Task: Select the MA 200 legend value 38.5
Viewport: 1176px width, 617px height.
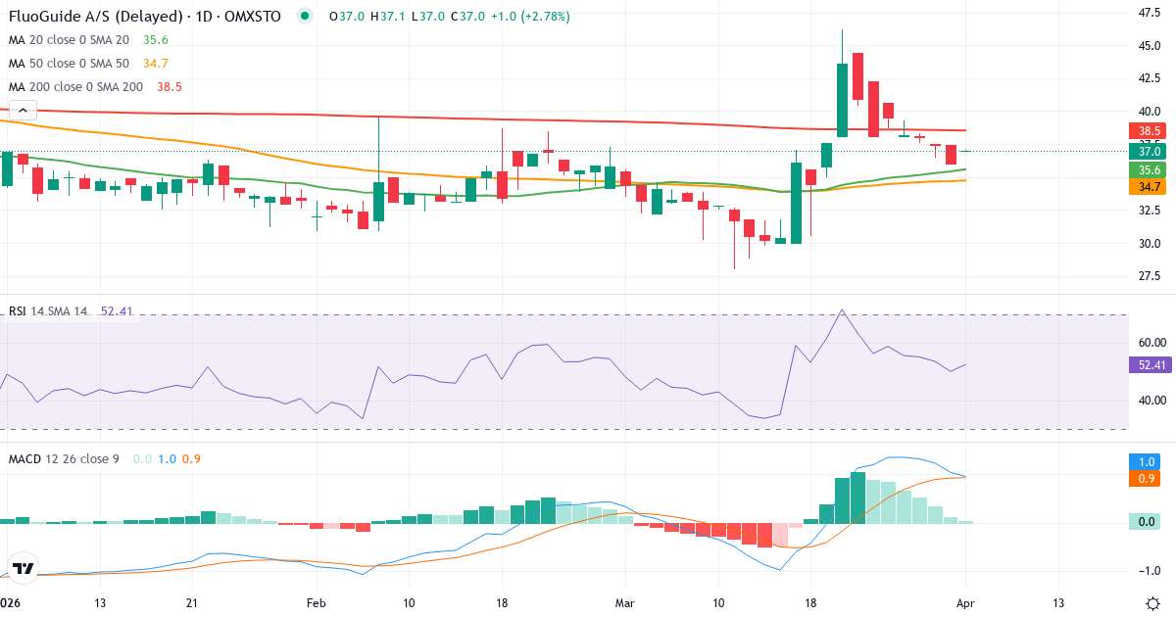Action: tap(169, 86)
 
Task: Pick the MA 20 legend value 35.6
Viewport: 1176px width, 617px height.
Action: tap(156, 39)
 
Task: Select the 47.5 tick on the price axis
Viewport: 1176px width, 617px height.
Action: tap(1149, 13)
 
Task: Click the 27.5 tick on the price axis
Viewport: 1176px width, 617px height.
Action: tap(1149, 275)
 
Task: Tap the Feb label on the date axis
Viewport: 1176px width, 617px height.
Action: tap(316, 602)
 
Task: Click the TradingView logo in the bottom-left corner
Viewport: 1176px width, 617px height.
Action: tap(24, 568)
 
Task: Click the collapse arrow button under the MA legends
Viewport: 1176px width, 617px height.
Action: tap(23, 111)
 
